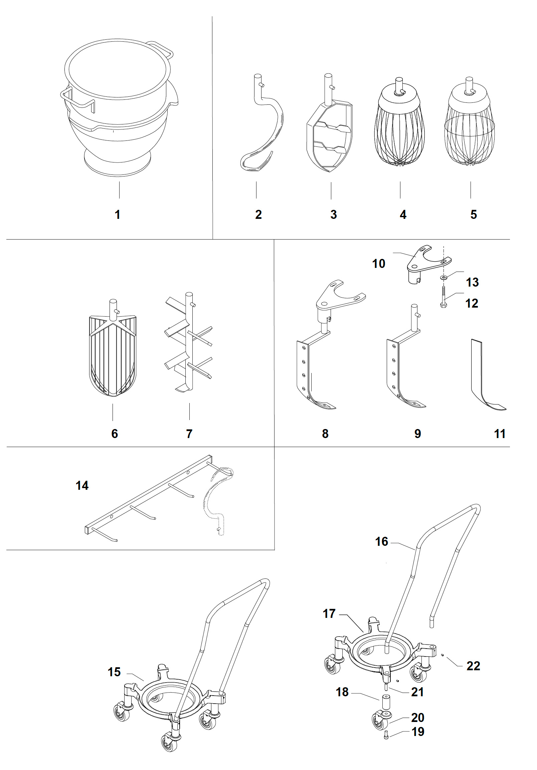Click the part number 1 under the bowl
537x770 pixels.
tap(118, 215)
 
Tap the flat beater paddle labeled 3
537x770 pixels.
tap(330, 137)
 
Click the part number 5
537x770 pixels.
tap(474, 215)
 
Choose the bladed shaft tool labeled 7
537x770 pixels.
tap(189, 342)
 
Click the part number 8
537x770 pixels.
tap(325, 434)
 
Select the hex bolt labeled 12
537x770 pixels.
tap(443, 296)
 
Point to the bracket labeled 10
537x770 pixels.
tap(426, 262)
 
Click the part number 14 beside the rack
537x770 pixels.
tap(82, 485)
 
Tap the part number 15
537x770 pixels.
tap(114, 672)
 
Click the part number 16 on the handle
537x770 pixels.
tap(382, 541)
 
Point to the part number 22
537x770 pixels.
tap(473, 666)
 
